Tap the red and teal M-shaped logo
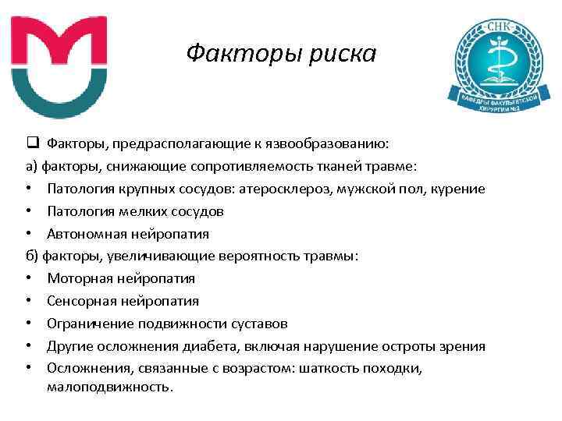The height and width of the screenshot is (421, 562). point(60,66)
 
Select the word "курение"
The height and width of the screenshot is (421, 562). point(457,189)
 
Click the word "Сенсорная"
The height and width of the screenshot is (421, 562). point(84,301)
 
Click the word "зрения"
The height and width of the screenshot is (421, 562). point(463,346)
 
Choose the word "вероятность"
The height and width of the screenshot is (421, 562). point(237,256)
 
